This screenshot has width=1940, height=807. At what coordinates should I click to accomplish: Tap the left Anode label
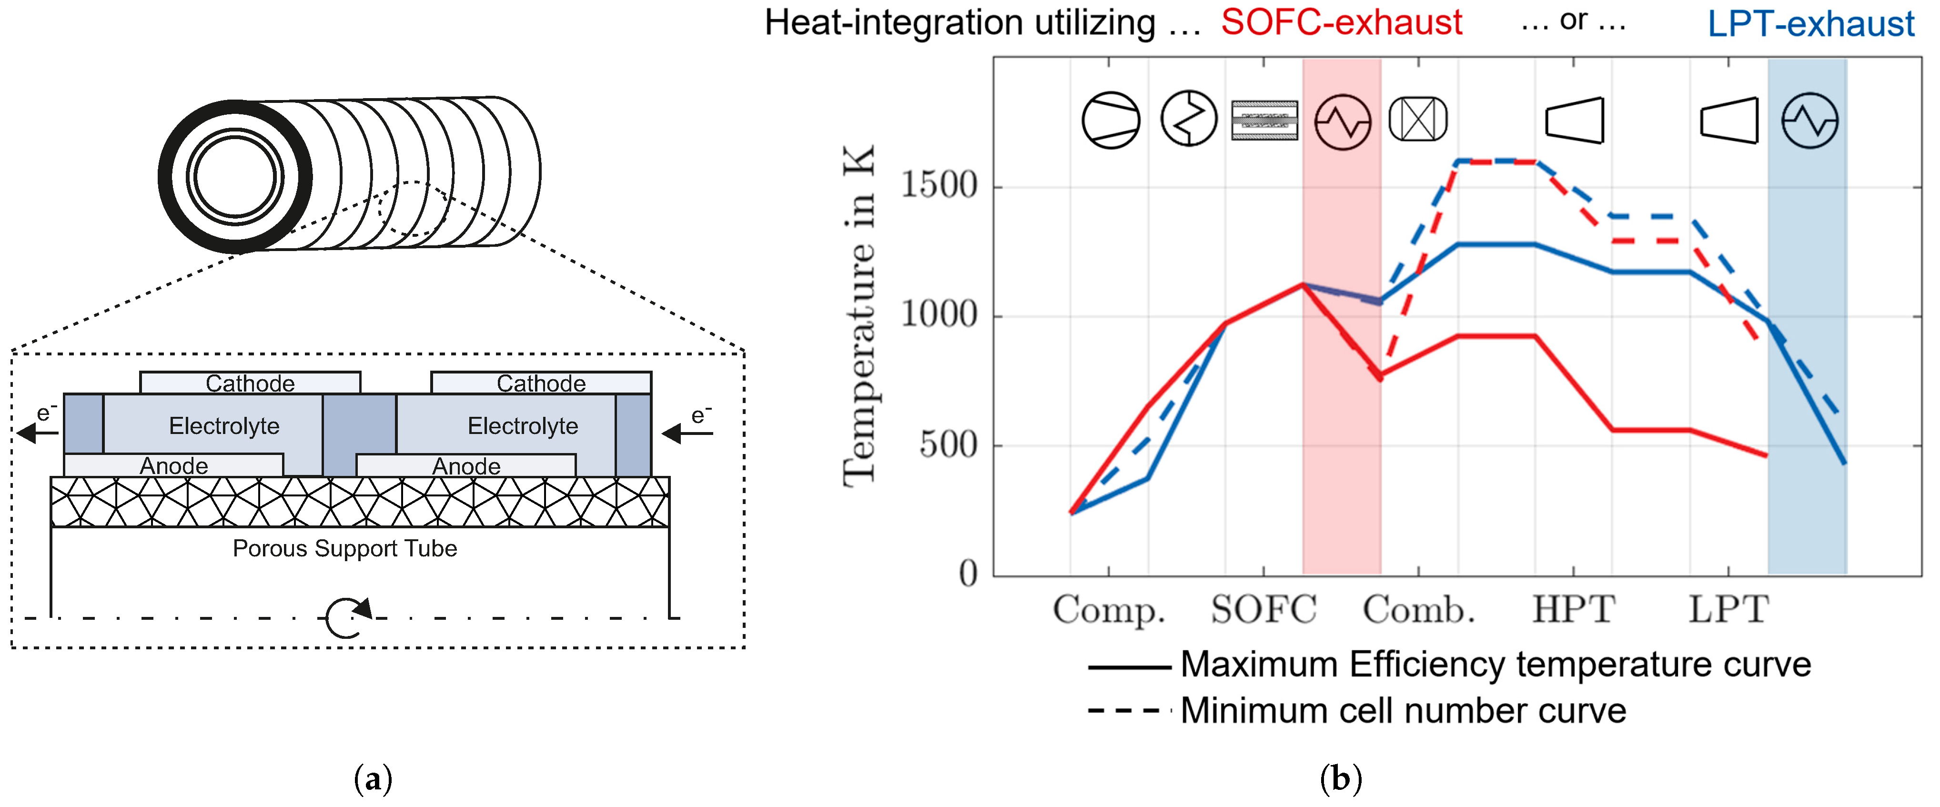[174, 466]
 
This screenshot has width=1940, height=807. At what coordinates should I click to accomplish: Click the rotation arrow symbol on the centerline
[347, 618]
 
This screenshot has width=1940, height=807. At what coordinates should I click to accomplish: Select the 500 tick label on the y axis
[948, 444]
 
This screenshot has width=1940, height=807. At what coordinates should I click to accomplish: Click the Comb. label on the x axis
[1419, 609]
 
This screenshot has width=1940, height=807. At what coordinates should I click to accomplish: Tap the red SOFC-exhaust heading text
[1341, 22]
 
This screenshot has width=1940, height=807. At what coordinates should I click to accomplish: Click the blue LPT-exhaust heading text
[1810, 23]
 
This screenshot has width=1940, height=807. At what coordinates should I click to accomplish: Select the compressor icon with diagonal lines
[1111, 121]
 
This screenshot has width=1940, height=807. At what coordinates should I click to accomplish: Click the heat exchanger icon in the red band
[1342, 121]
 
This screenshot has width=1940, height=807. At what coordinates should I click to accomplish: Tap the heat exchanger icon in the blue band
[1810, 121]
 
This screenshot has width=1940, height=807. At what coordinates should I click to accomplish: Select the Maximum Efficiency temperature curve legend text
[1495, 665]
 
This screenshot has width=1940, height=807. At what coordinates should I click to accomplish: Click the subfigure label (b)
[1341, 778]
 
